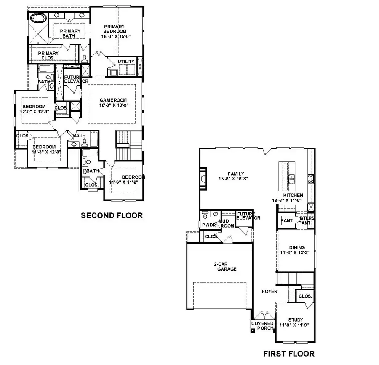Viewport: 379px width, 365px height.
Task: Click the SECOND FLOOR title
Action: point(112,215)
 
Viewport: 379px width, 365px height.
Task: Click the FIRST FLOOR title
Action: point(288,353)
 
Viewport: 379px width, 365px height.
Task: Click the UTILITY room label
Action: point(126,62)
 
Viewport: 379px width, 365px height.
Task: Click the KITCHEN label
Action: point(293,196)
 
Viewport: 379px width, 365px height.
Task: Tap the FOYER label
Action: point(270,291)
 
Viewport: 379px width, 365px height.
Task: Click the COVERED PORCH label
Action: point(262,326)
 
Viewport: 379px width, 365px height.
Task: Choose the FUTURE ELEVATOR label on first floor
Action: point(248,216)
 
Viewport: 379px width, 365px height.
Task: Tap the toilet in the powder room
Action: point(206,215)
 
